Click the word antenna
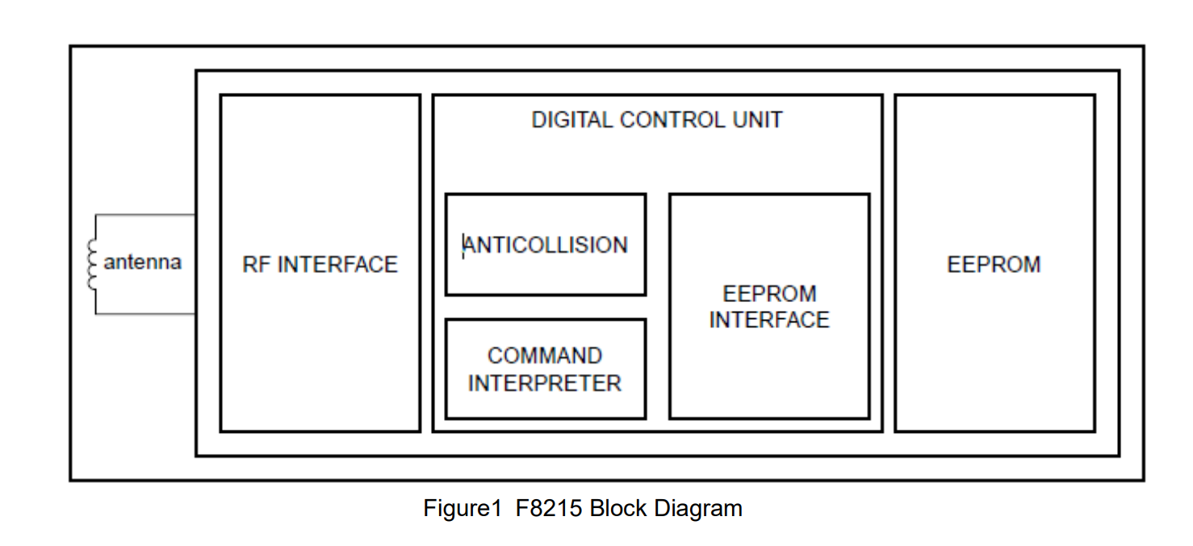click(142, 262)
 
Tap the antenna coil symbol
click(92, 265)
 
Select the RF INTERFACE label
click(320, 264)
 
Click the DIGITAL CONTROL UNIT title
click(657, 120)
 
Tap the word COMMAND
click(544, 356)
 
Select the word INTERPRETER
click(544, 384)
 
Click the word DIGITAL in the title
click(571, 120)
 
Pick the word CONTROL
click(672, 120)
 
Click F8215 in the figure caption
click(549, 508)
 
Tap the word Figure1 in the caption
click(463, 508)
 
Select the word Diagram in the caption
click(697, 509)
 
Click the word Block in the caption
click(617, 508)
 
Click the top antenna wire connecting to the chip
click(144, 215)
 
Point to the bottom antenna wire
click(144, 313)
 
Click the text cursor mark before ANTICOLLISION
click(463, 246)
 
